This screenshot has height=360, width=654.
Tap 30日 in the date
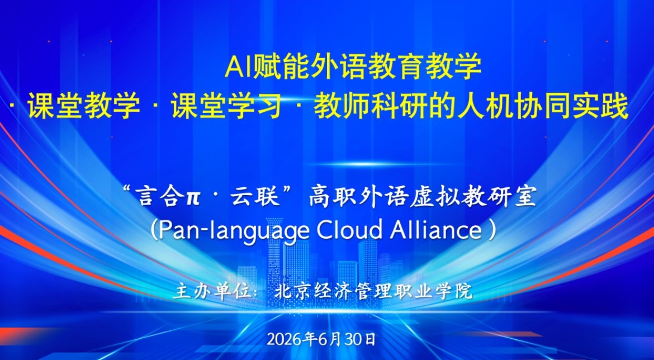tap(359, 339)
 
